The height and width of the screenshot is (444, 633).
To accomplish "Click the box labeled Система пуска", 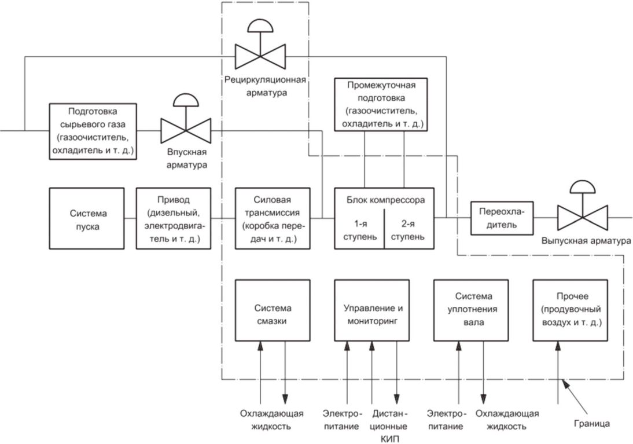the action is (86, 218).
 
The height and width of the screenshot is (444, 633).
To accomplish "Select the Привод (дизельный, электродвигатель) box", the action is (173, 218).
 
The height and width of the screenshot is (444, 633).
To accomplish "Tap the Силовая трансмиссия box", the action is (273, 218).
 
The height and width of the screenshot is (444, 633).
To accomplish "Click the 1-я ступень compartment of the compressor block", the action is (359, 229).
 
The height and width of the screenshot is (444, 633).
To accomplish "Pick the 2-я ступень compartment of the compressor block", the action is (409, 229).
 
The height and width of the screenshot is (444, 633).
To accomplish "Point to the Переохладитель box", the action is (502, 218).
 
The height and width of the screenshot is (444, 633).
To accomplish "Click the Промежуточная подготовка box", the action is (381, 105).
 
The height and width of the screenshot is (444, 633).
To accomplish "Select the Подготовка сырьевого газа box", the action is (93, 131).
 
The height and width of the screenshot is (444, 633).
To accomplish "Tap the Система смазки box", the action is (273, 310).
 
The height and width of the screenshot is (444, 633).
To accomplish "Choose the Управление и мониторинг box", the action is (372, 310).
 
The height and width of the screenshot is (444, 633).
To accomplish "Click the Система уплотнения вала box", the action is (471, 310).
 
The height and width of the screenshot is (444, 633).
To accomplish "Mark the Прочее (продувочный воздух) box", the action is (571, 310).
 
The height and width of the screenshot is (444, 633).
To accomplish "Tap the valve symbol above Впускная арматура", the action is (186, 119).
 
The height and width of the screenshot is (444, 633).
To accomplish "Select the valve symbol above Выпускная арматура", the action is (583, 206).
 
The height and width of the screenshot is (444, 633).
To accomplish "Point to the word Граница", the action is (592, 423).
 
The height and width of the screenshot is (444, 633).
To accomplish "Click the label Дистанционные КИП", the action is (389, 426).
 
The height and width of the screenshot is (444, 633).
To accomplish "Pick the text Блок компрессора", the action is (385, 200).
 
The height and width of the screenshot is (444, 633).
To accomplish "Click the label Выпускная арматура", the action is (586, 241).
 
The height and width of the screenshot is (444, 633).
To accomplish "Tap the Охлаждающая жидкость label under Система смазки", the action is (271, 420).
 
